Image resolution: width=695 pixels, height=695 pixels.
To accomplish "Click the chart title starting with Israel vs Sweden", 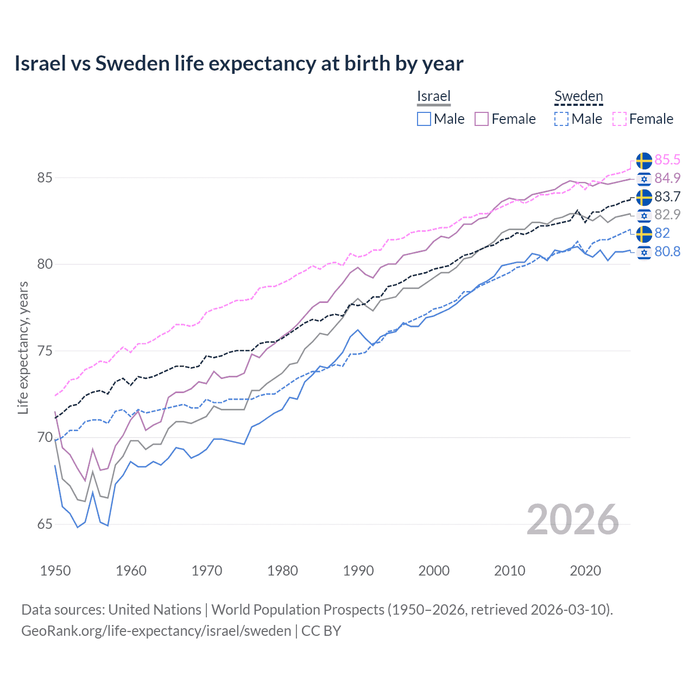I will point(239,64).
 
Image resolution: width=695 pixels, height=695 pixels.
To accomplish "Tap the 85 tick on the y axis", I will point(45,178).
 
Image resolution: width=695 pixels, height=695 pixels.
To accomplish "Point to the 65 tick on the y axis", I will point(45,524).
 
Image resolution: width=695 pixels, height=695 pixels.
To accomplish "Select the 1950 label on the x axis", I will point(55,571).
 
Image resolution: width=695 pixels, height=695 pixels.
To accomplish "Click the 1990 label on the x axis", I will point(358,571).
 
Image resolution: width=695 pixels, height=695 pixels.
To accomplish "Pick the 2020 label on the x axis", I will point(585,571).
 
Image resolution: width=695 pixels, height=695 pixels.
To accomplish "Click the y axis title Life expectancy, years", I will point(23,347).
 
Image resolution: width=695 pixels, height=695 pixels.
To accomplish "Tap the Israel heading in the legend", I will point(434,96).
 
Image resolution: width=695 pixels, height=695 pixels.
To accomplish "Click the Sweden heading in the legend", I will point(578,96).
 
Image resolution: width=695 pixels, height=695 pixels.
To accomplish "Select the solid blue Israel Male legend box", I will point(424,119).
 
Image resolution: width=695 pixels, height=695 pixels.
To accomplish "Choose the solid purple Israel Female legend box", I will point(482,119).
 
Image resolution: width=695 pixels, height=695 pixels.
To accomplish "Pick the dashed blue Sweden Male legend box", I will point(561,119).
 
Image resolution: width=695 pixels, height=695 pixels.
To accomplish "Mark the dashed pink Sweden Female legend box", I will point(620,119).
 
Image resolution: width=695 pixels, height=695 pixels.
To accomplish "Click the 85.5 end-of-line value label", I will point(667,160).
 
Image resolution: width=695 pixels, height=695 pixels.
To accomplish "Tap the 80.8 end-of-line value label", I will point(667,251).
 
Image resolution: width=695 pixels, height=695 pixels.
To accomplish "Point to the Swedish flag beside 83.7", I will point(644,197).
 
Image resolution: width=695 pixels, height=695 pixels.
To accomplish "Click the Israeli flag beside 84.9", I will point(644,179).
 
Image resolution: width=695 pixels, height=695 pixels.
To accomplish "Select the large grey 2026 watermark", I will point(573,520).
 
